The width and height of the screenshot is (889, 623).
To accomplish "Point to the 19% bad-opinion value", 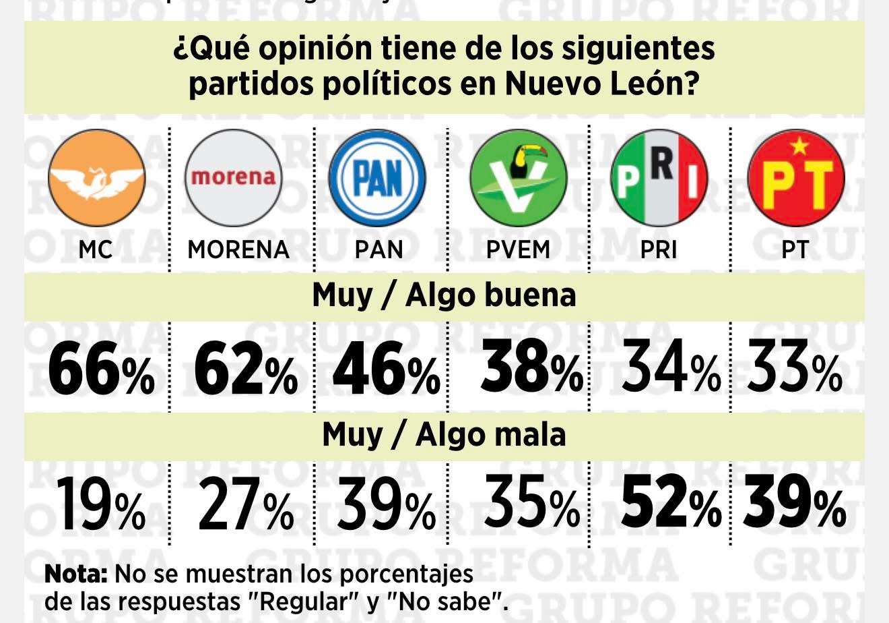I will point(99,504).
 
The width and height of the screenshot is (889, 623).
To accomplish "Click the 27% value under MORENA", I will point(245,504).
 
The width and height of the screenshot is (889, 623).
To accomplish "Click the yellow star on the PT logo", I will point(798,145).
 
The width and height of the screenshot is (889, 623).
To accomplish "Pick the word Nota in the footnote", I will point(76,575).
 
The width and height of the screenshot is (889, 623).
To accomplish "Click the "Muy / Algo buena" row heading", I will point(444,295).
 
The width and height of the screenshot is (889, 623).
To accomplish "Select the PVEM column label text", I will point(518,249).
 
